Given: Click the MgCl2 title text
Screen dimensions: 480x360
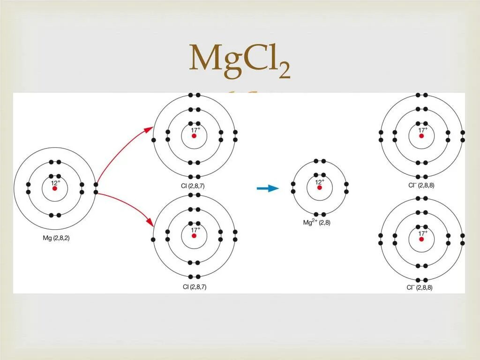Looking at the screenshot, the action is coord(240,60).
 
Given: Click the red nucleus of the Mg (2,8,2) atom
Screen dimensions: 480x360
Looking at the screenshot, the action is coord(55,188).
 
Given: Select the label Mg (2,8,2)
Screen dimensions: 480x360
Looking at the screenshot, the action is coord(56,238).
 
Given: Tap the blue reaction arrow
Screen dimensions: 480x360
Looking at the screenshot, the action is coord(268,188).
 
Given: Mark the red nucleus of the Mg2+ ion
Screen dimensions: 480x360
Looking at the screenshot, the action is coord(320,187).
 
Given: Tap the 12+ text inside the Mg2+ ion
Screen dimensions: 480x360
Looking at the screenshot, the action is coord(320,181).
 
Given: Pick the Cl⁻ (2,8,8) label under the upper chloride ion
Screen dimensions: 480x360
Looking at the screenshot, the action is coord(420,185).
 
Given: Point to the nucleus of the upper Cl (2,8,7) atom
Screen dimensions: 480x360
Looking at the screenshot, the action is coord(194,136).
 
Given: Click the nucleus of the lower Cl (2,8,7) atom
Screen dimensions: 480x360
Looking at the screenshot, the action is coord(194,235).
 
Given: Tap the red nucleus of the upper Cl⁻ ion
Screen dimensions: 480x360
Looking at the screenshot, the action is coord(421,136).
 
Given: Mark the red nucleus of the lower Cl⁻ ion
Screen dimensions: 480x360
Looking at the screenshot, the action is coord(421,239).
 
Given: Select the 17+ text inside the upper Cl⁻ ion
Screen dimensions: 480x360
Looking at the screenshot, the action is coord(423,130).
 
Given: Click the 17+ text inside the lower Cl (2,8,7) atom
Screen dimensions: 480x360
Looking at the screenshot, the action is coord(195,229).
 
